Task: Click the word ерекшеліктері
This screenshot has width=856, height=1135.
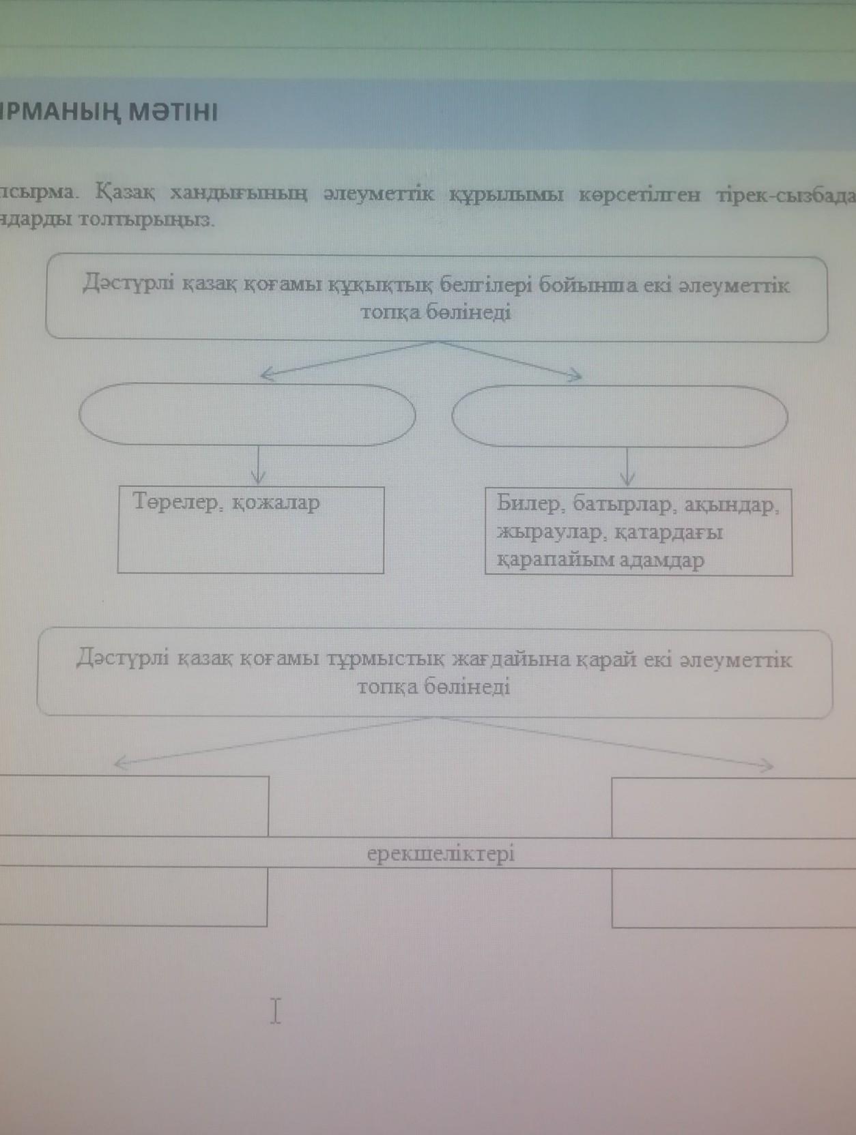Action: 441,854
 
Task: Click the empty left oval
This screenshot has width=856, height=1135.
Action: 247,415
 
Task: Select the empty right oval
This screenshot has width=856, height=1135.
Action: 620,416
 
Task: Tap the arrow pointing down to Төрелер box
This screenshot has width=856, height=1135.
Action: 258,467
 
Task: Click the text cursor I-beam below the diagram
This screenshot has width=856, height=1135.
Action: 275,1011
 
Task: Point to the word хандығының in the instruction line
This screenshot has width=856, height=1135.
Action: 239,194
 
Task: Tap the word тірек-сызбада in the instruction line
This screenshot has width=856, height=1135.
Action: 785,195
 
